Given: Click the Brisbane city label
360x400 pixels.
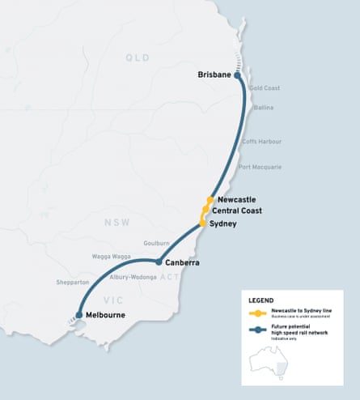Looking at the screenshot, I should tap(214, 75).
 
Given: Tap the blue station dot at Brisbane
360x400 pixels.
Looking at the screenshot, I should tap(238, 75).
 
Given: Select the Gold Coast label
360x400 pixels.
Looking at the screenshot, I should tap(265, 87).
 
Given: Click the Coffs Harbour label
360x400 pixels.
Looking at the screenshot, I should tap(262, 141).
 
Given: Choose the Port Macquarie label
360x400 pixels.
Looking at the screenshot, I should tap(260, 167).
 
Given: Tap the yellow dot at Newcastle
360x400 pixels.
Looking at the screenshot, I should tap(210, 199).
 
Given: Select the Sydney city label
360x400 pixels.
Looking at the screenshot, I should tap(222, 223).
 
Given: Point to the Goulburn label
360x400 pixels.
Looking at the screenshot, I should tap(156, 242).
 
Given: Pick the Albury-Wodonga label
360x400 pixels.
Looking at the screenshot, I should tap(133, 277).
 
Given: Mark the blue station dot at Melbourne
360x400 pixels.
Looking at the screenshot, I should tap(78, 315).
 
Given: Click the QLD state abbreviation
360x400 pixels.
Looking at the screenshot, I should tap(138, 57).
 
